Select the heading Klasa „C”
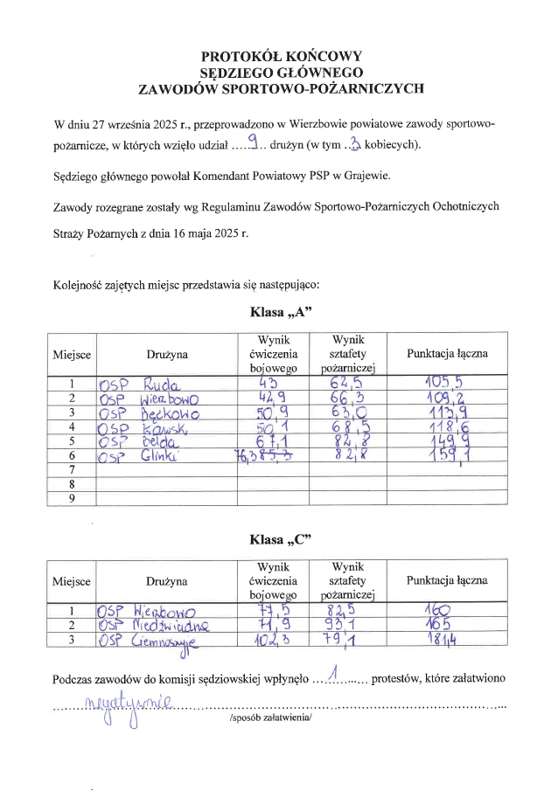pyautogui.click(x=280, y=539)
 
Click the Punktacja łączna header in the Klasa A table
pyautogui.click(x=447, y=354)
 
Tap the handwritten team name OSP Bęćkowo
pyautogui.click(x=150, y=412)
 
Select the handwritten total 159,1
pyautogui.click(x=447, y=456)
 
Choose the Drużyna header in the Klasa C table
pyautogui.click(x=167, y=580)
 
